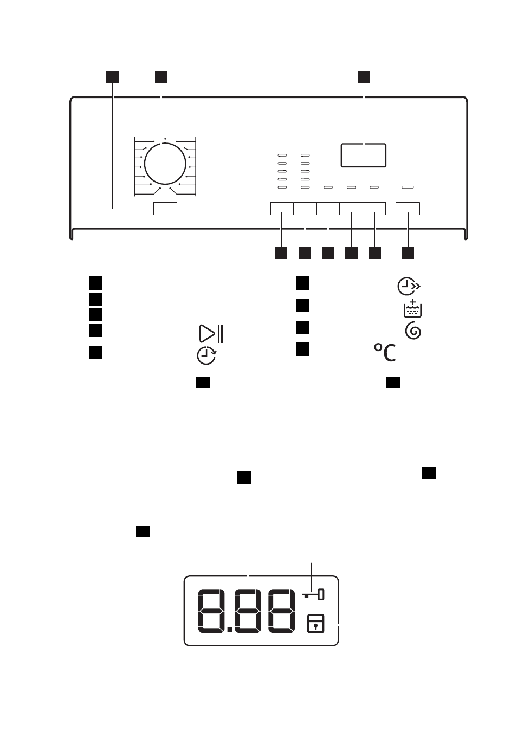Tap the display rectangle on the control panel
click(x=364, y=155)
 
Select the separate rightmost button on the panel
click(x=408, y=209)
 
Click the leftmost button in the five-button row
click(x=282, y=209)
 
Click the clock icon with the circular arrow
click(x=206, y=355)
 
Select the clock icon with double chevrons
click(x=409, y=286)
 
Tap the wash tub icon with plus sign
click(x=412, y=308)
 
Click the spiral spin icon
click(x=413, y=331)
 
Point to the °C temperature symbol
click(x=385, y=352)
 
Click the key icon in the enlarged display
click(x=313, y=594)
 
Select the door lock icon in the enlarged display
click(x=315, y=623)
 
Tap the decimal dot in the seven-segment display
click(x=229, y=629)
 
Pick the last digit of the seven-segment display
click(x=281, y=611)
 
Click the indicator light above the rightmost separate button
click(x=408, y=187)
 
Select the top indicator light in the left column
click(x=282, y=155)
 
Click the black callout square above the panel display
click(x=364, y=77)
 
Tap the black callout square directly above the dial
click(x=161, y=77)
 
